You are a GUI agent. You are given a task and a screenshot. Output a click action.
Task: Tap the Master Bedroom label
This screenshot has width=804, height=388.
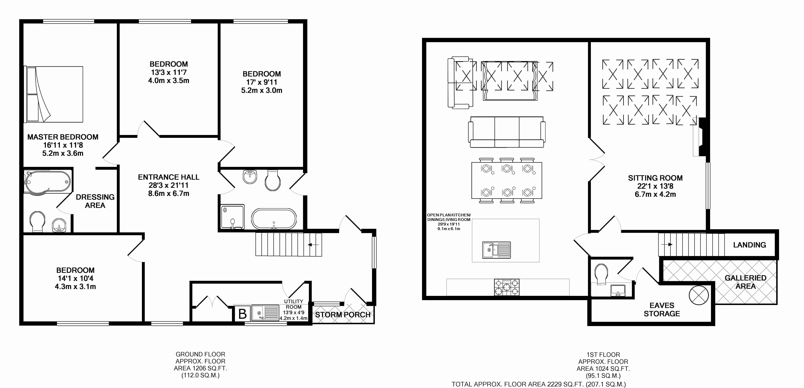(63, 137)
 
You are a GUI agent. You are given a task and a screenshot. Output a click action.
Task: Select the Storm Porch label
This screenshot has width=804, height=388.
(343, 315)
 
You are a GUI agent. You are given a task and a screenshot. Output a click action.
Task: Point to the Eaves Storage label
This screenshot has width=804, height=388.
(662, 309)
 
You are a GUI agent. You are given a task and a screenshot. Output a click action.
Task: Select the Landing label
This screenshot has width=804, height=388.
(749, 245)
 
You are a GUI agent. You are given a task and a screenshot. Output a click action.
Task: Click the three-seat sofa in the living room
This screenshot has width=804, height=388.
(507, 132)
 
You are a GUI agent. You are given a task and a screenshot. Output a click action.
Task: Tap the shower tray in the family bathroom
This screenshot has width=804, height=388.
(233, 216)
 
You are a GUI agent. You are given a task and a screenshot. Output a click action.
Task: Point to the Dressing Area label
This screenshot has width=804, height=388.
(95, 201)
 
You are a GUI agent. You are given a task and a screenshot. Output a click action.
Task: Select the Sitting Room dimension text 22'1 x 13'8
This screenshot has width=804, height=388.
(655, 186)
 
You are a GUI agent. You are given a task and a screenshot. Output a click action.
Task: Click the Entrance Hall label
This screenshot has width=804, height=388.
(169, 177)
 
